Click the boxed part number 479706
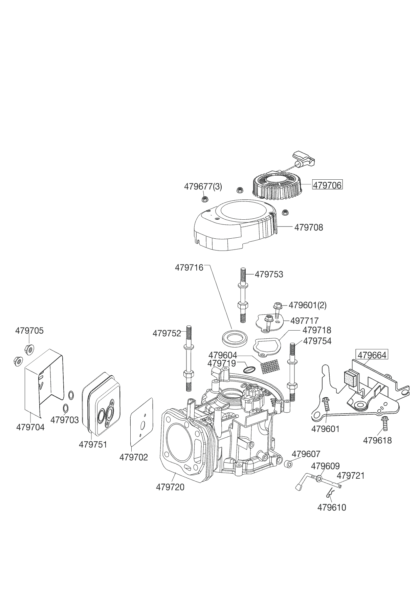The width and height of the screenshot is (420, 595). pyautogui.click(x=327, y=185)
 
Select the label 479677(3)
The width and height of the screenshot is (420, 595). pyautogui.click(x=203, y=186)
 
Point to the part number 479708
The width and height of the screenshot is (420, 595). pyautogui.click(x=309, y=227)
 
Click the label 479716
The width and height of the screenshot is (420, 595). pyautogui.click(x=189, y=268)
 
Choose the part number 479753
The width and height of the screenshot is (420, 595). pyautogui.click(x=269, y=274)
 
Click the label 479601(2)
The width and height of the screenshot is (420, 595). pyautogui.click(x=307, y=305)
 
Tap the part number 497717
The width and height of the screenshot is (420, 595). pyautogui.click(x=304, y=320)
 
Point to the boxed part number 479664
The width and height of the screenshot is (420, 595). pyautogui.click(x=372, y=355)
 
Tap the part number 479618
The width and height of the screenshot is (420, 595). pyautogui.click(x=377, y=440)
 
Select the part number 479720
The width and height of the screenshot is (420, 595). pyautogui.click(x=170, y=487)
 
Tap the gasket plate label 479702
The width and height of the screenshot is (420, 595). pyautogui.click(x=134, y=457)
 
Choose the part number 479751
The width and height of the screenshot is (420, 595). pyautogui.click(x=93, y=444)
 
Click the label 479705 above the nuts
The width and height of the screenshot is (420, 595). pyautogui.click(x=29, y=331)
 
